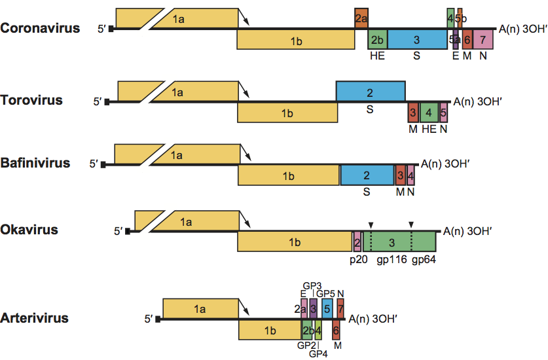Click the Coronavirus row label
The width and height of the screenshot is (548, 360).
point(40,28)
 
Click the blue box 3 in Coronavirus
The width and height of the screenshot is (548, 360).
point(416,39)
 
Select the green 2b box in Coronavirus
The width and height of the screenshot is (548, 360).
point(377,39)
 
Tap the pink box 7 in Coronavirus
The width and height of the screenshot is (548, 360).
point(483,39)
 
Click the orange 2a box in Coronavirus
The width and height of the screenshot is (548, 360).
point(361,18)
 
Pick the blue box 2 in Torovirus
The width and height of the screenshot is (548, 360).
point(370,91)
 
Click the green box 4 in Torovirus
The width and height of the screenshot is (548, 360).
point(428,112)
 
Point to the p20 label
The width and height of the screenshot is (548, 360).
point(358,259)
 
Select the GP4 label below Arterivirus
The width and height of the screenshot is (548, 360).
point(318,354)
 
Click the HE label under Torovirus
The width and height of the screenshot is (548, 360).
point(429,130)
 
